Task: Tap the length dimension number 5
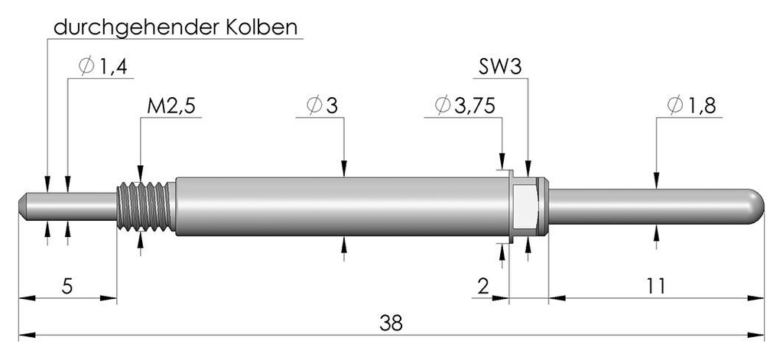point(67,287)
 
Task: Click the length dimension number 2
point(482,287)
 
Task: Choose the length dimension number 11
point(655,287)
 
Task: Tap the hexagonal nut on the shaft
point(526,207)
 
